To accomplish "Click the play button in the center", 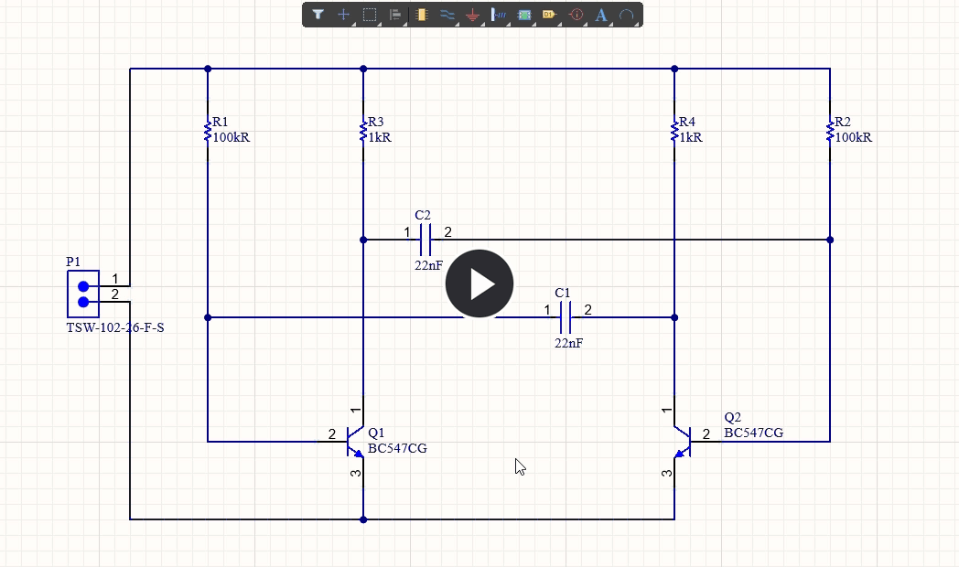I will [479, 283].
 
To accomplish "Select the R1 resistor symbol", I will [208, 133].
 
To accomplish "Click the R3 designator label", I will [376, 123].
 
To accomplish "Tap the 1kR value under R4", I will [690, 137].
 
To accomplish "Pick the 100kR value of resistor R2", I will [853, 137].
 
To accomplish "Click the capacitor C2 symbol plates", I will [425, 240].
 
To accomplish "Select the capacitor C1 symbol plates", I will [565, 317].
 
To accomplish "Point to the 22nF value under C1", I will [568, 343].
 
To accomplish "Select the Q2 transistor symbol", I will [683, 441].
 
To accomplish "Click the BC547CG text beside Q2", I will [753, 433].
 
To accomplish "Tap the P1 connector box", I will [82, 294].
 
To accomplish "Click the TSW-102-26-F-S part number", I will [115, 327].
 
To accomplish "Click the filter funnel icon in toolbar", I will [318, 15].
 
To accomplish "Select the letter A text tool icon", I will [601, 15].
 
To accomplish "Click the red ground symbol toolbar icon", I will [472, 15].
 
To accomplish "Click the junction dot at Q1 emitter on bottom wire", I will [363, 519].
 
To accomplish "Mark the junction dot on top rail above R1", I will [208, 69].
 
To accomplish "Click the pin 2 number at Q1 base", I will [331, 433].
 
